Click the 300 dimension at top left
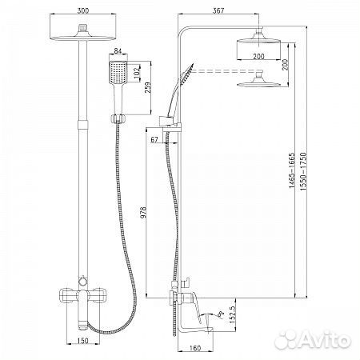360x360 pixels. (83, 10)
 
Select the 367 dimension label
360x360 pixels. (218, 10)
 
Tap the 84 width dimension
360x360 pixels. (118, 50)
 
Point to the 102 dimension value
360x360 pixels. (138, 71)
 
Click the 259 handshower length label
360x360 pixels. (147, 88)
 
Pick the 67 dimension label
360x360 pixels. (154, 139)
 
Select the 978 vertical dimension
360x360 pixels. (143, 212)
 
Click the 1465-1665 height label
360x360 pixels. (292, 170)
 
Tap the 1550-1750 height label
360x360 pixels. (303, 171)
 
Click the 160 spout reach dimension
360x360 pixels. (195, 348)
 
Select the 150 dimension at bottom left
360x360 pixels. (82, 341)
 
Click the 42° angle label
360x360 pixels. (220, 315)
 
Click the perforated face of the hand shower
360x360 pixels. (118, 71)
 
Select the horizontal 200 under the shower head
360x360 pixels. (258, 56)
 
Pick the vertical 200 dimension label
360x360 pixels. (286, 65)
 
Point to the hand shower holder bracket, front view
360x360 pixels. (118, 118)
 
